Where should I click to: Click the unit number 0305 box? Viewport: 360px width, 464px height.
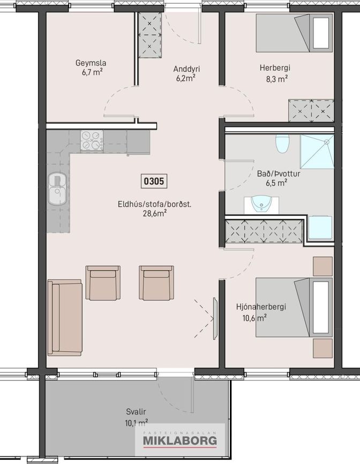154,181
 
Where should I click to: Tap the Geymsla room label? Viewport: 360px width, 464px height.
91,63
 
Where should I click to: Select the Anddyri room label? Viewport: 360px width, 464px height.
186,69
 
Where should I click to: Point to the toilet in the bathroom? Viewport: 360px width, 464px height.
282,143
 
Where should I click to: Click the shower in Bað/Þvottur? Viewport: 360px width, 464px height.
317,151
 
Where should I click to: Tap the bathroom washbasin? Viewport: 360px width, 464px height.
261,204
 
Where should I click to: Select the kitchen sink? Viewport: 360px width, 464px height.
57,189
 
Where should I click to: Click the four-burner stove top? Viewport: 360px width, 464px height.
92,140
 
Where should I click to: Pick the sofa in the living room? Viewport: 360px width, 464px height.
65,317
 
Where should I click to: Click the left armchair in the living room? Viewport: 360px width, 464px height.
103,283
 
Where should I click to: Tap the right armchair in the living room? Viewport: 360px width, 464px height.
156,283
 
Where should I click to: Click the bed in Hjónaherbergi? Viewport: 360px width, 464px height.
294,307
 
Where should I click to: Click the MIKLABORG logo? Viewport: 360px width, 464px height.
180,440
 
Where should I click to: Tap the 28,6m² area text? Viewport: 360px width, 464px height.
154,214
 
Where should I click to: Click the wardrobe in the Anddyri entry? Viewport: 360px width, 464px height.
150,35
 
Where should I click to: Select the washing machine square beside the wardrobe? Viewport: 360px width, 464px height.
320,227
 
